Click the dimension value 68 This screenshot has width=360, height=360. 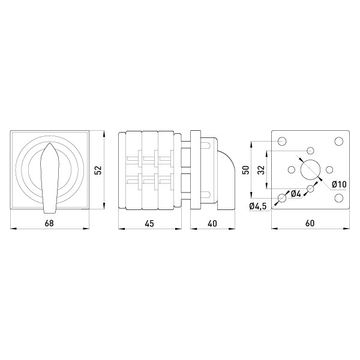click(49, 223)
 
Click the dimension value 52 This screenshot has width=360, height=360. click(98, 170)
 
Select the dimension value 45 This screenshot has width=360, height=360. click(149, 223)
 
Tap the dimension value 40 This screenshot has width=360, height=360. click(212, 223)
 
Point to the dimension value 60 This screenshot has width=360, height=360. click(310, 223)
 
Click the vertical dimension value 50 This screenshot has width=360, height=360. click(246, 170)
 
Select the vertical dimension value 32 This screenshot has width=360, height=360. click(261, 170)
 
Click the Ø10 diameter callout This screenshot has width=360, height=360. click(339, 184)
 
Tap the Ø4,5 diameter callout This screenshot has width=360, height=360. click(258, 206)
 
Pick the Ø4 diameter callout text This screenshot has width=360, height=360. click(296, 194)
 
